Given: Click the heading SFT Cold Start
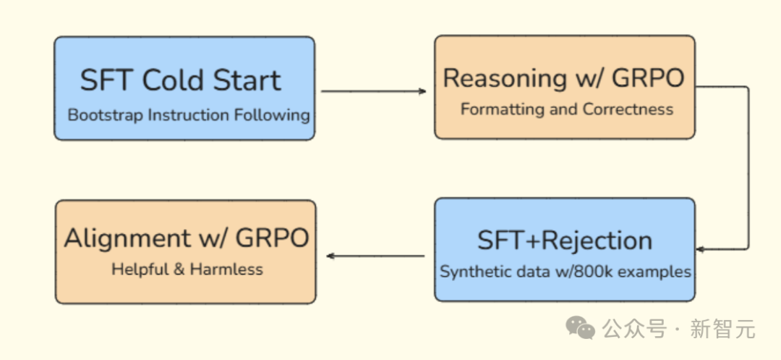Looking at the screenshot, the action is point(181,80).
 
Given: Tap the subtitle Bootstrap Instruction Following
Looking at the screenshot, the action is point(189,115).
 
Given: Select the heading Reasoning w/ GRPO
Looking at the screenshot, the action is point(564,78).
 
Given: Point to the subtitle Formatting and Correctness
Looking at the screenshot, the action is point(567,109).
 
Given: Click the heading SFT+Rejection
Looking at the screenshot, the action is point(565,240).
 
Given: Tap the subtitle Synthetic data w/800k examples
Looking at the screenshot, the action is point(566,272).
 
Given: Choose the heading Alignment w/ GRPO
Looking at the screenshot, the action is point(187,238).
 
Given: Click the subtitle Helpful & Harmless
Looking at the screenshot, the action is point(187,269).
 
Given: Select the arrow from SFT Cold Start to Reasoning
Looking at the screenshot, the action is point(374,91).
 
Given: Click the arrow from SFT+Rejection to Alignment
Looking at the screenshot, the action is point(375,256).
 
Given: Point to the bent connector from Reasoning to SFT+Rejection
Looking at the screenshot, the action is point(748,167).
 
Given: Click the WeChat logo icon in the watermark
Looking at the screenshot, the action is point(580,328).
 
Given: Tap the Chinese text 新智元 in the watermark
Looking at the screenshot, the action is point(722,329).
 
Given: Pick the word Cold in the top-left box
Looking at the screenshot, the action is point(172,80).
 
